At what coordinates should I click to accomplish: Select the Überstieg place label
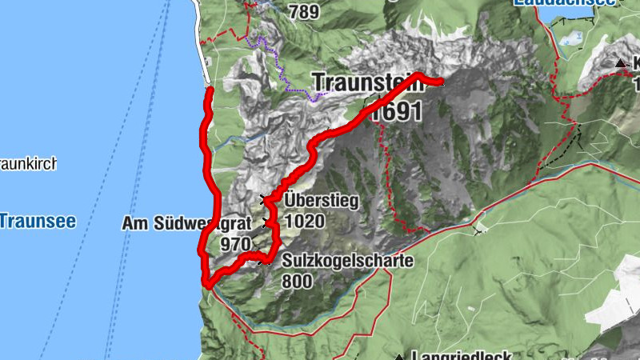[x=321, y=201]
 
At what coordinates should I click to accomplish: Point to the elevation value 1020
[x=304, y=220]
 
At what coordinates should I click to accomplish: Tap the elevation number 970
[x=236, y=243]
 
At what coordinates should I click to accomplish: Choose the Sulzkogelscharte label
[x=347, y=262]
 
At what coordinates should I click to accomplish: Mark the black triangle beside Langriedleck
[x=399, y=356]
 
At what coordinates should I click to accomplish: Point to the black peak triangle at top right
[x=620, y=62]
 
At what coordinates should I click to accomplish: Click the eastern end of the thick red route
[x=441, y=81]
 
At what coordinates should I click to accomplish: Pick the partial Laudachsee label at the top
[x=566, y=3]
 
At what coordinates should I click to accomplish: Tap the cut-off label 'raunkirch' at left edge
[x=27, y=166]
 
